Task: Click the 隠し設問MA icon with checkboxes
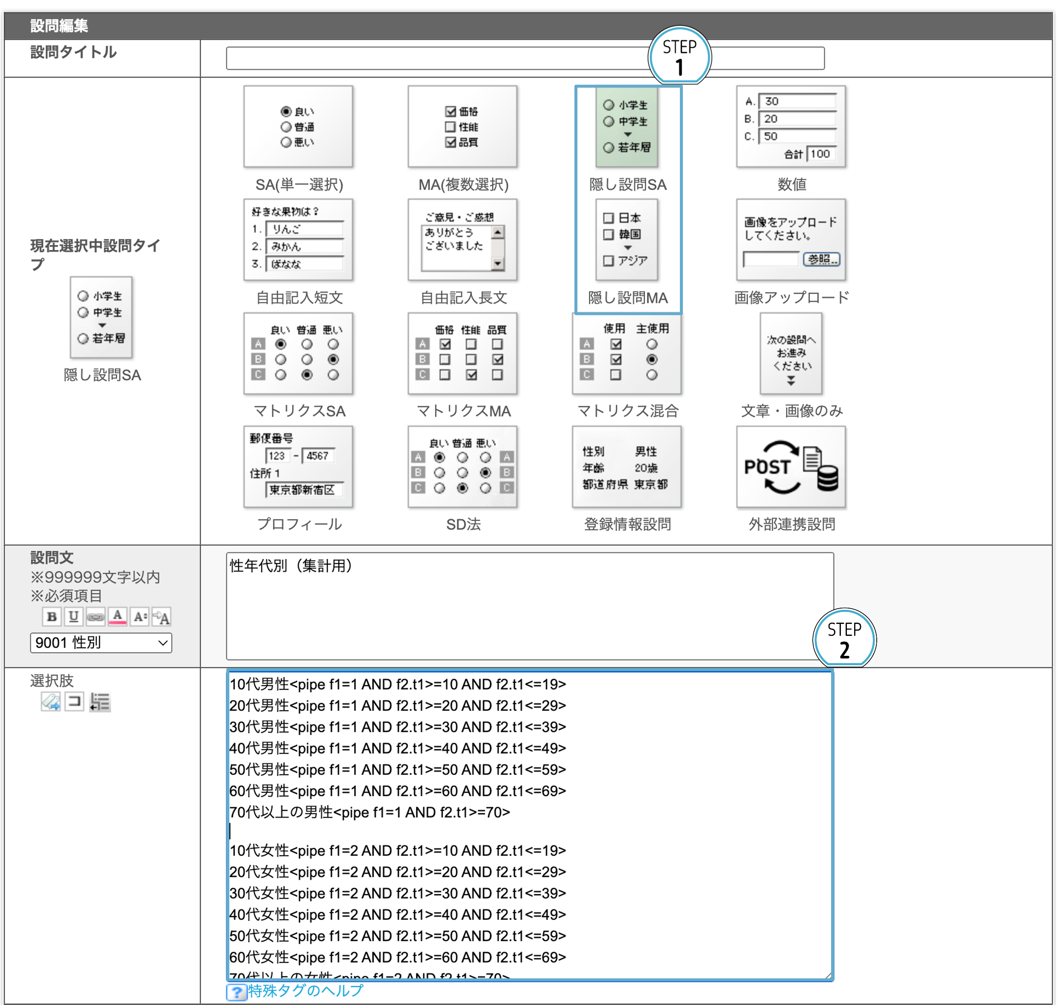(627, 239)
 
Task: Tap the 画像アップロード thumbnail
(791, 240)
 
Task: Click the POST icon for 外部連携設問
(791, 466)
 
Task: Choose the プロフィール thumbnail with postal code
(298, 466)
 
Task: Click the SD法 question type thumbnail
(462, 466)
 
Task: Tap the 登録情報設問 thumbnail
(627, 466)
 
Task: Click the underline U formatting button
(73, 617)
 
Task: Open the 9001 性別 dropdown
(101, 642)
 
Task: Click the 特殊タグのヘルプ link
(305, 990)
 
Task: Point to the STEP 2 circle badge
(844, 638)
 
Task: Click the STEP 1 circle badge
(679, 56)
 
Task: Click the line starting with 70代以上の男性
(369, 812)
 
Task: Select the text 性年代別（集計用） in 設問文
(291, 566)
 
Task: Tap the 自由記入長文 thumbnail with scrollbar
(462, 240)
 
